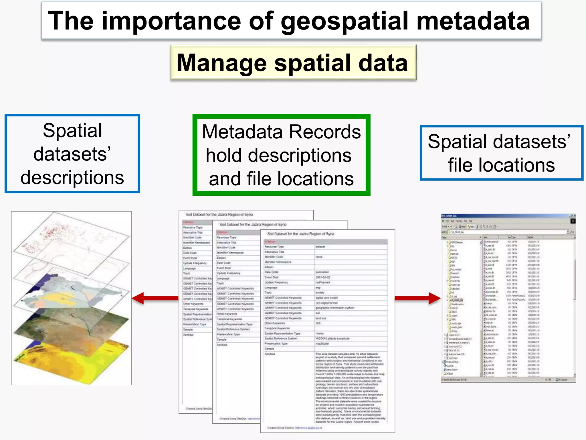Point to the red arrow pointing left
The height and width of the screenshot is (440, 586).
pyautogui.click(x=155, y=298)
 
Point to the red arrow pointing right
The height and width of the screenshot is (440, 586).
pyautogui.click(x=417, y=298)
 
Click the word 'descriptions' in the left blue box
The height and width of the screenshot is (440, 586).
pyautogui.click(x=72, y=178)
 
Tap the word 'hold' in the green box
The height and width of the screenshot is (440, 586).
pyautogui.click(x=224, y=156)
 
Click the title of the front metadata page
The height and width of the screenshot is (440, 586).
pyautogui.click(x=300, y=234)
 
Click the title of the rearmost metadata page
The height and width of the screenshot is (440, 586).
pyautogui.click(x=219, y=214)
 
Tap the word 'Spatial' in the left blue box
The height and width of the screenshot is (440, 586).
pyautogui.click(x=72, y=131)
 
